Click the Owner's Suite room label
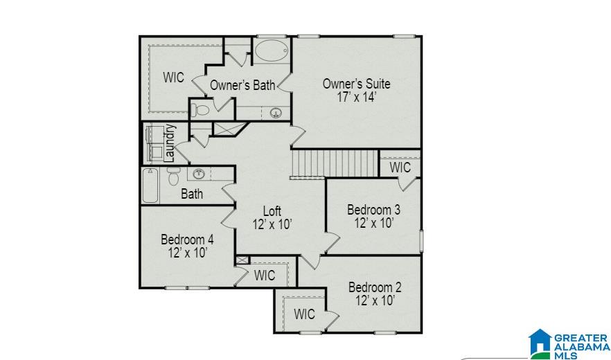[357, 84]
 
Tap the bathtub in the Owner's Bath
[272, 51]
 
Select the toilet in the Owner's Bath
[200, 110]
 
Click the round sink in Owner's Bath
[276, 113]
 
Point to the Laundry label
[169, 143]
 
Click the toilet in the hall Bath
[173, 176]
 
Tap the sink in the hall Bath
[199, 174]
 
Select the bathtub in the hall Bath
[150, 186]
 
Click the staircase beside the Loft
[335, 163]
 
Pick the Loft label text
[272, 211]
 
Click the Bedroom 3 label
[373, 210]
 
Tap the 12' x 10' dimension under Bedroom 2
[375, 300]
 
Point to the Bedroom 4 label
[187, 239]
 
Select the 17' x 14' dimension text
[357, 97]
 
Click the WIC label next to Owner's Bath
[173, 77]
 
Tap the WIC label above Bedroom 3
[400, 168]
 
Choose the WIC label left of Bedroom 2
[304, 314]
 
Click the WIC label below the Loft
[265, 276]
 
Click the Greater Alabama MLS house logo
[540, 343]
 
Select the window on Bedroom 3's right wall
[421, 241]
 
